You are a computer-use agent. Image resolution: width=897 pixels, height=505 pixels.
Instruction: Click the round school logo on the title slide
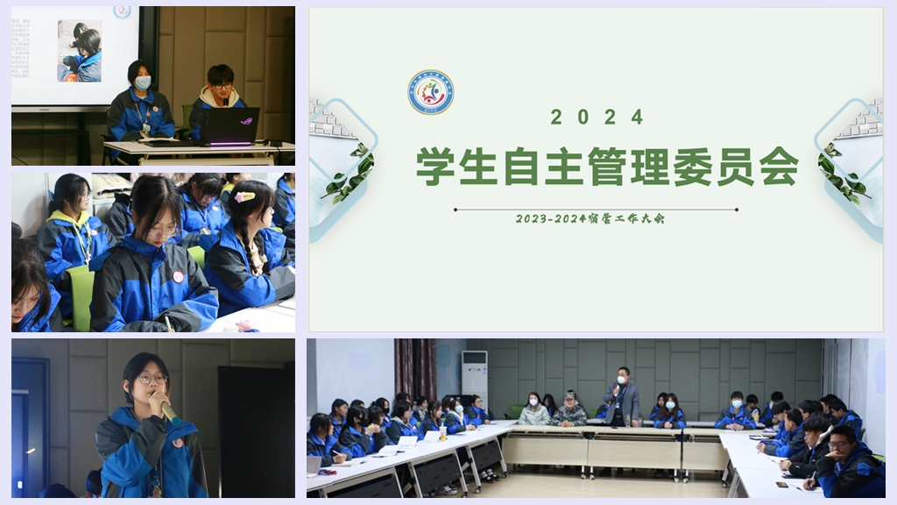[430, 93]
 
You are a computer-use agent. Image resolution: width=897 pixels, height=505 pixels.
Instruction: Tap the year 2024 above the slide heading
[597, 117]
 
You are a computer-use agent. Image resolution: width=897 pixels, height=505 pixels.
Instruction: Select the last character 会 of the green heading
[779, 167]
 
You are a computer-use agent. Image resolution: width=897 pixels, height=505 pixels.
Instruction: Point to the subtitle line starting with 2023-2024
[590, 218]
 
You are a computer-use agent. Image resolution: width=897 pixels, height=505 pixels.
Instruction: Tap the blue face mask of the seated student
[142, 82]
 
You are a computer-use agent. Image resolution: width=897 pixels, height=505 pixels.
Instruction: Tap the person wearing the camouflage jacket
[569, 411]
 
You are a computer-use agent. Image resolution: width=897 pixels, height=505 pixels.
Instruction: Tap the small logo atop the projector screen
[122, 11]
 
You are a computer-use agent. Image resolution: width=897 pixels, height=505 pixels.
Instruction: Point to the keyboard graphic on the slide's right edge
[864, 120]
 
